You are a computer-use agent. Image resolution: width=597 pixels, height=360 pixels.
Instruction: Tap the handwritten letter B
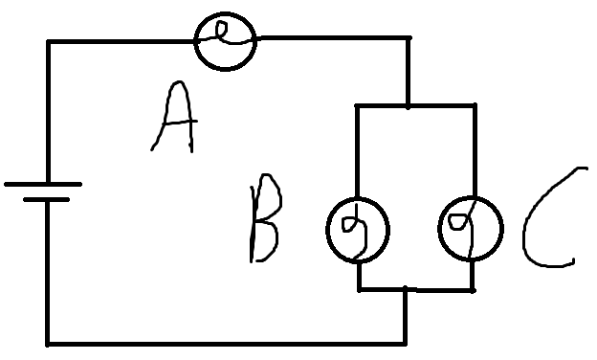pyautogui.click(x=262, y=224)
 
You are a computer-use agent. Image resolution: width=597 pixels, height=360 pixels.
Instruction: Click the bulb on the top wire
pyautogui.click(x=226, y=39)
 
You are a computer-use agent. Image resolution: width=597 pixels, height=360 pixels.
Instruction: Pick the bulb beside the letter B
pyautogui.click(x=358, y=230)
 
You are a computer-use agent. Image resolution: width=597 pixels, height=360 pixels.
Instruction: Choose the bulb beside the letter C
pyautogui.click(x=470, y=229)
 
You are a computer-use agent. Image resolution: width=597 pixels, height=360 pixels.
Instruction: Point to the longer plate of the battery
pyautogui.click(x=43, y=183)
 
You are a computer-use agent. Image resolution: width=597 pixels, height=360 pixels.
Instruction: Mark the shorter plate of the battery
pyautogui.click(x=46, y=201)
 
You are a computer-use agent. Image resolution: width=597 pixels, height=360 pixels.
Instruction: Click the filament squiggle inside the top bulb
pyautogui.click(x=225, y=36)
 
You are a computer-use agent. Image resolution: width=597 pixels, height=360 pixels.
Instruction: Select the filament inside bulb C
pyautogui.click(x=468, y=230)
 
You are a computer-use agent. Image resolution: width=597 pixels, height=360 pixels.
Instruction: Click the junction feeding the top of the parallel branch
pyautogui.click(x=409, y=105)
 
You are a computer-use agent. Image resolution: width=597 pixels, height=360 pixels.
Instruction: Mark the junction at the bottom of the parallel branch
pyautogui.click(x=406, y=289)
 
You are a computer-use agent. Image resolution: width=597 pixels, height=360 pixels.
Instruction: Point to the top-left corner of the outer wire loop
pyautogui.click(x=48, y=41)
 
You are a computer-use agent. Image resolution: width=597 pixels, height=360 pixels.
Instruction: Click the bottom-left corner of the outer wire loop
pyautogui.click(x=48, y=342)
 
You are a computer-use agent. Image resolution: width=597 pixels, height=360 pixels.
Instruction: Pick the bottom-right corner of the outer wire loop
pyautogui.click(x=406, y=342)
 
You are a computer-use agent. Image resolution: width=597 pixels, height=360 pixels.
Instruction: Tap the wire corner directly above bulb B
pyautogui.click(x=357, y=105)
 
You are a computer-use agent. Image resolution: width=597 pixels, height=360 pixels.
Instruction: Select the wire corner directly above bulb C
pyautogui.click(x=475, y=105)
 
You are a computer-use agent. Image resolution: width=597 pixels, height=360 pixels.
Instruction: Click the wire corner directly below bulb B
pyautogui.click(x=359, y=289)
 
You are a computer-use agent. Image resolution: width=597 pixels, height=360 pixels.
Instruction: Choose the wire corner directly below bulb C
pyautogui.click(x=473, y=289)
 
